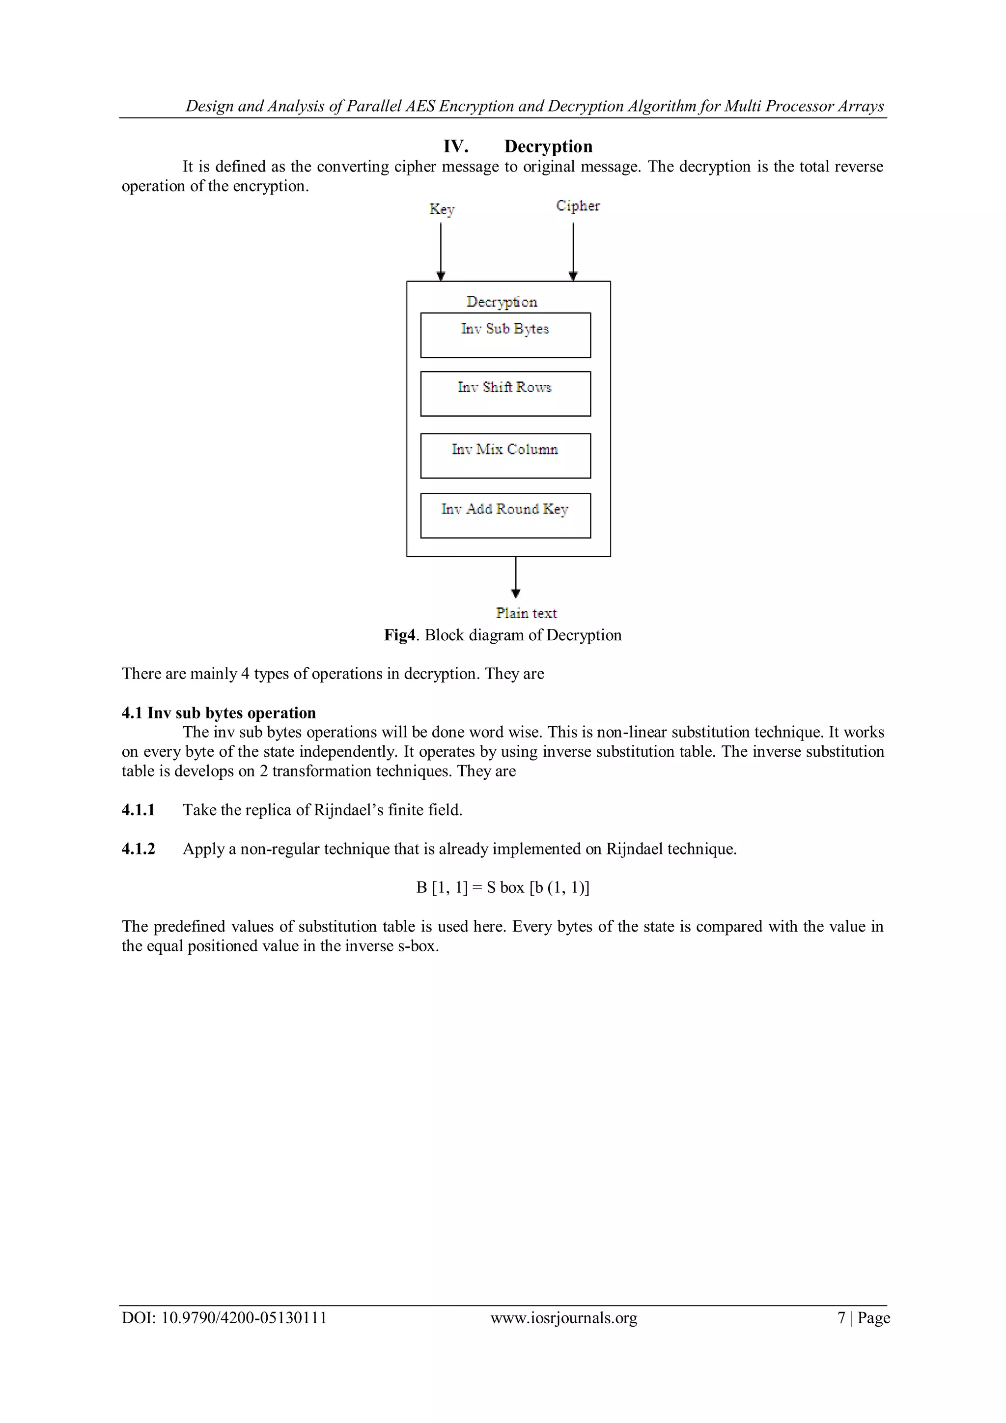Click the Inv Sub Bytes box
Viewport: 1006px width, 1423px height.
505,335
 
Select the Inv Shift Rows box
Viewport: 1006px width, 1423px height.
505,394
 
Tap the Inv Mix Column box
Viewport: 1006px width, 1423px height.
505,455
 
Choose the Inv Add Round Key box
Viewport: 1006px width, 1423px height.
505,515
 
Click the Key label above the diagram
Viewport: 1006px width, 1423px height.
442,209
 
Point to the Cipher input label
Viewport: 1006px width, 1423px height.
577,206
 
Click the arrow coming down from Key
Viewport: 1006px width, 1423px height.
441,251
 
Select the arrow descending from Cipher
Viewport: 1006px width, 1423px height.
573,251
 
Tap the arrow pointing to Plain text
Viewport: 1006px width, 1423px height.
515,577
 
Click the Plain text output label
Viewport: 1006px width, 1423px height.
526,613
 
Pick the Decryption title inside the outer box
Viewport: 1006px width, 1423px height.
502,302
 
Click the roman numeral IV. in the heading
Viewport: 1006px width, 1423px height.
455,146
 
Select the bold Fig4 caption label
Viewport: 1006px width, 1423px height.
399,635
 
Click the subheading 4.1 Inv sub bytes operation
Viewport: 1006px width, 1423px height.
219,713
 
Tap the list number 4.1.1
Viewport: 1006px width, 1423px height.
138,810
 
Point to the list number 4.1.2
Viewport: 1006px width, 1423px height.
138,849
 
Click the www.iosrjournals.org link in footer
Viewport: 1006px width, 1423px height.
564,1318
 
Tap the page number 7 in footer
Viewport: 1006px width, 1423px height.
841,1318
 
